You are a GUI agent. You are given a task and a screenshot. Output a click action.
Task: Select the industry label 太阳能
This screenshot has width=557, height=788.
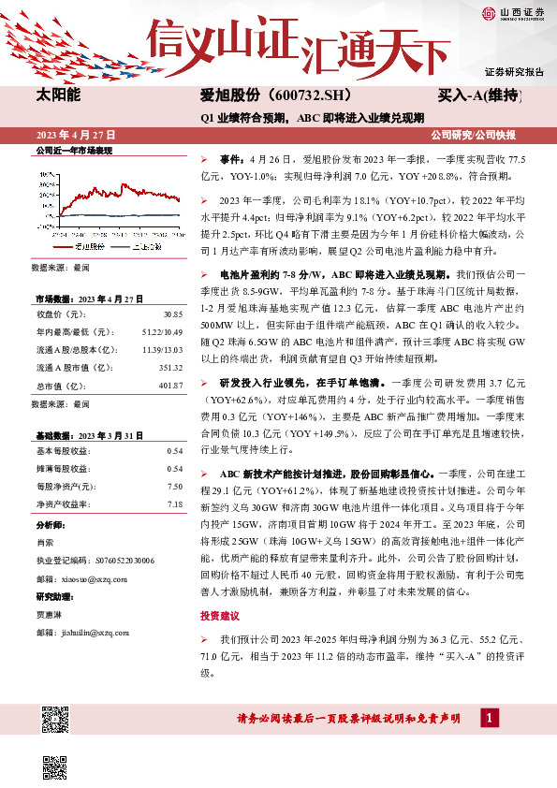(x=59, y=95)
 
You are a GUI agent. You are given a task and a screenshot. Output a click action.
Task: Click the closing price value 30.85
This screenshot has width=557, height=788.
(x=173, y=314)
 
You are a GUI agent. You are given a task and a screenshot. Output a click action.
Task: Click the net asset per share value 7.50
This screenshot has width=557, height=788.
(x=174, y=486)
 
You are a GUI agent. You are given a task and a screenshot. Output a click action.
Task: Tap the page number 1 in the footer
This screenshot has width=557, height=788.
(x=489, y=718)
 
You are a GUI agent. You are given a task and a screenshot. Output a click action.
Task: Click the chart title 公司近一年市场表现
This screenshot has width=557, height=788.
(x=72, y=149)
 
